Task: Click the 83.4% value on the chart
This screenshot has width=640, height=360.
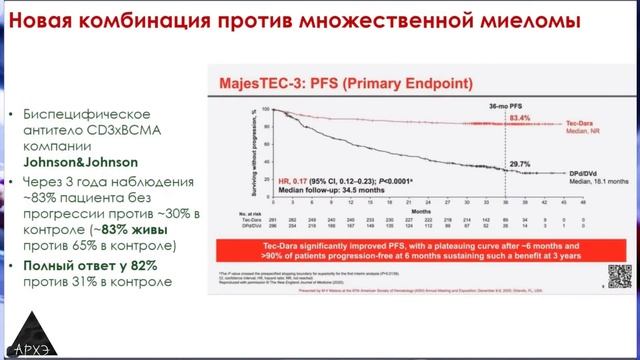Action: pyautogui.click(x=521, y=117)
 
